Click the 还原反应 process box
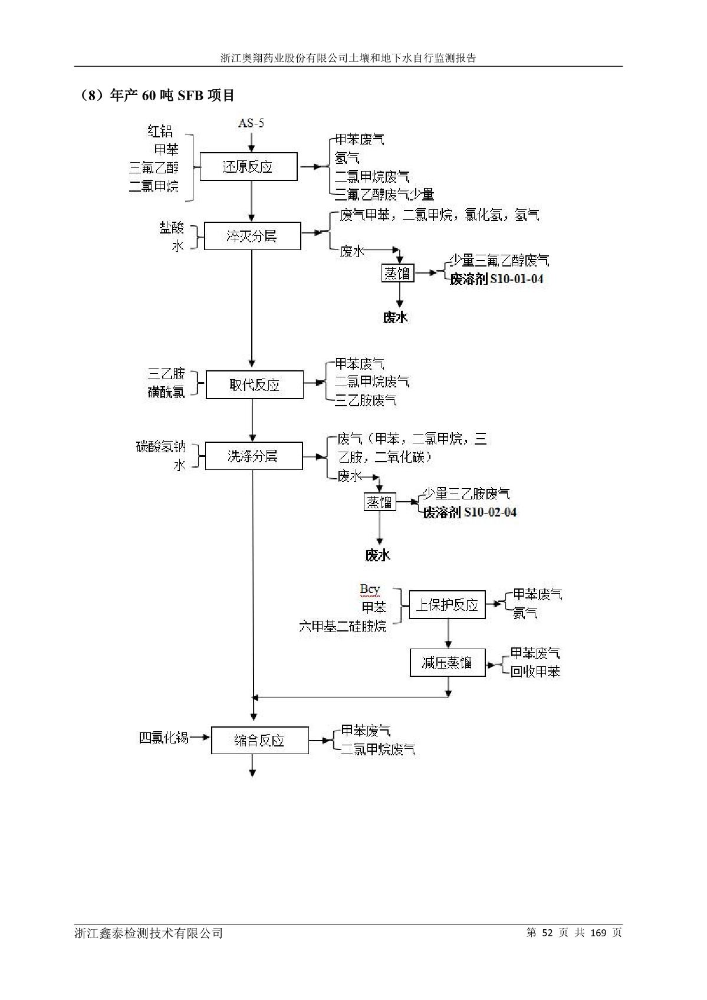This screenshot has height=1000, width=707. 248,167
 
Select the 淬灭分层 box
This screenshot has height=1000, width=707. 252,236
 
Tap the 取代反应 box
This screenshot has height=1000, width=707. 254,385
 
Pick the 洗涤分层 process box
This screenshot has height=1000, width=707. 253,456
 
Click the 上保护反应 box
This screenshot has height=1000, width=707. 447,605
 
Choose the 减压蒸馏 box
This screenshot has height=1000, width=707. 447,662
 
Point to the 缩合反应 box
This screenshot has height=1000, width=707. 259,740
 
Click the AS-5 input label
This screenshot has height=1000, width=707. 251,123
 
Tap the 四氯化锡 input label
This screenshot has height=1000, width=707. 163,738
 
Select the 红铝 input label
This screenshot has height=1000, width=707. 160,131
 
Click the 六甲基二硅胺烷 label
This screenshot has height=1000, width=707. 342,626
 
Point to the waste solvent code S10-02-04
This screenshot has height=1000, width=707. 490,512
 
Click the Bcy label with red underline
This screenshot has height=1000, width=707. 370,589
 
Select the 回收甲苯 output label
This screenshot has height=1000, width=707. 535,672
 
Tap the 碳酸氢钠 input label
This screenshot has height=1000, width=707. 160,447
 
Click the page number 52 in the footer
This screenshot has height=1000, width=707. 547,932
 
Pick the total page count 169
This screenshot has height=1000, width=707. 598,932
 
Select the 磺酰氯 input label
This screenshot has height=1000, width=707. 166,392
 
